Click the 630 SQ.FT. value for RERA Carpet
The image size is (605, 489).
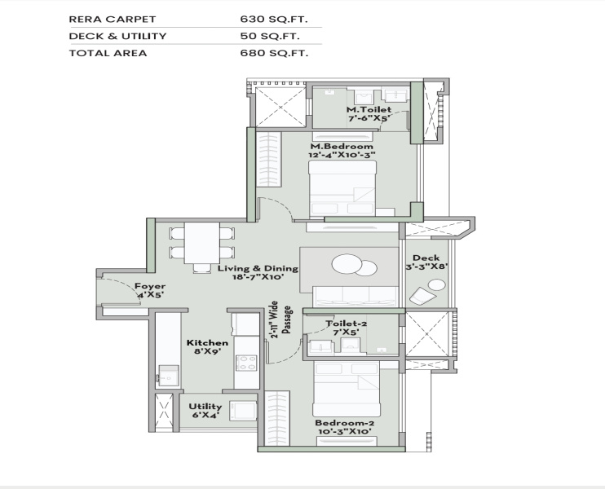coord(274,20)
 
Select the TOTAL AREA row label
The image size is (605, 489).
coord(108,53)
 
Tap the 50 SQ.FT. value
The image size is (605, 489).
coord(270,36)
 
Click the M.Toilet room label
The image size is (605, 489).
coord(369,109)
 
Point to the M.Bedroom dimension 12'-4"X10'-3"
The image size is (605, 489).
coord(342,155)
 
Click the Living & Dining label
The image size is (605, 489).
coord(258,268)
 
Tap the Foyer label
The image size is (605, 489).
coord(150,287)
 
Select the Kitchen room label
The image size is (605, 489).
coord(207,343)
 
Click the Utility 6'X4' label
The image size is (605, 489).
coord(205,411)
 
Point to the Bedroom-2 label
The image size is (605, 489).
coord(345,423)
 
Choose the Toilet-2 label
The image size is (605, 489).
coord(346,324)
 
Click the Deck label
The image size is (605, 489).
coord(426,258)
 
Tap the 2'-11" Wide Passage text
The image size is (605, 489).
coord(280,319)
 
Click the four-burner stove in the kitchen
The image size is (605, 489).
coord(246,363)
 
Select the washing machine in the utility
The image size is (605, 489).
coord(243,411)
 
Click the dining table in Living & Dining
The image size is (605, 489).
coord(201,243)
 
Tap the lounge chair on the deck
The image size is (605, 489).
coord(422,295)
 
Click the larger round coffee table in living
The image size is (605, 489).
coord(347,264)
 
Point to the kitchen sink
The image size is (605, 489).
coord(168,375)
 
